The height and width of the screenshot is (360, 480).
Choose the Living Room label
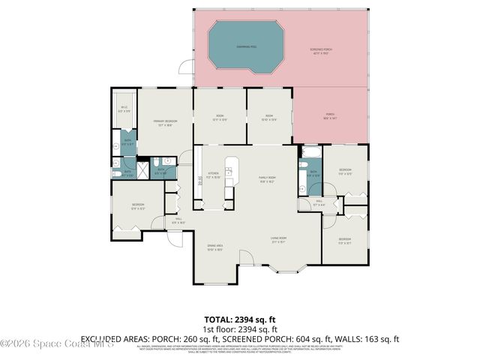(279, 240)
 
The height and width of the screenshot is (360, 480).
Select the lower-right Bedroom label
(345, 241)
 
